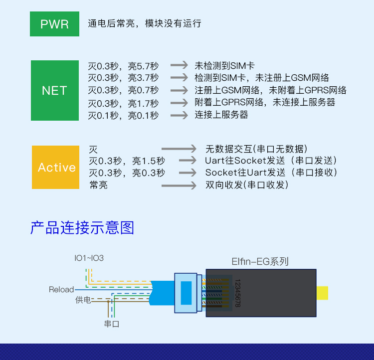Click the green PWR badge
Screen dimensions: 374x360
click(x=55, y=24)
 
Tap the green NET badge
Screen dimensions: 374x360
click(x=55, y=90)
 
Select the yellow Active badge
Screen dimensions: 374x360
click(x=55, y=167)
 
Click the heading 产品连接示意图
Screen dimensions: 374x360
click(x=82, y=227)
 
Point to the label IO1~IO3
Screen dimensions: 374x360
click(x=89, y=258)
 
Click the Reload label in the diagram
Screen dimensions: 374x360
click(x=61, y=289)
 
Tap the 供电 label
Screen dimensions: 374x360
click(x=83, y=300)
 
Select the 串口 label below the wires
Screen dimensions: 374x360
click(x=112, y=324)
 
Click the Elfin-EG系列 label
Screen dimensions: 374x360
click(x=260, y=261)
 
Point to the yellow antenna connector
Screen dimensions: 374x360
click(x=322, y=293)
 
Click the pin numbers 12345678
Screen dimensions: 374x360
click(x=238, y=293)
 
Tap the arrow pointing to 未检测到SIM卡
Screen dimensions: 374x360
click(x=179, y=65)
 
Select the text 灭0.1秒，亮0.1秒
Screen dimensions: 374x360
click(x=123, y=116)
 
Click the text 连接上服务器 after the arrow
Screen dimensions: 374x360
click(x=221, y=115)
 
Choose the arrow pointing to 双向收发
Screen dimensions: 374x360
click(x=179, y=185)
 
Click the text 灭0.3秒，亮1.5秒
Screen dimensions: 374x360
click(x=127, y=161)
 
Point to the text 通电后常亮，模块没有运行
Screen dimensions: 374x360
click(x=145, y=23)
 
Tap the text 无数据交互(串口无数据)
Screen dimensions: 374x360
click(x=256, y=149)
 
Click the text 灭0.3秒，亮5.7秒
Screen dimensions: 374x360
click(x=123, y=66)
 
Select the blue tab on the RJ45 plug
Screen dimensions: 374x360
click(x=187, y=293)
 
